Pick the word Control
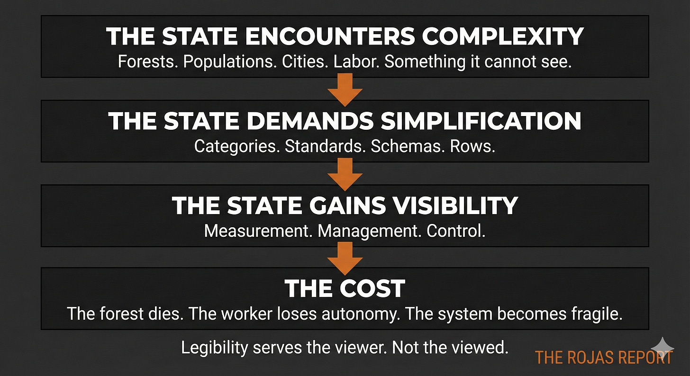456,231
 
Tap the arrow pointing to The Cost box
345,256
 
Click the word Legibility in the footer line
214,348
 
